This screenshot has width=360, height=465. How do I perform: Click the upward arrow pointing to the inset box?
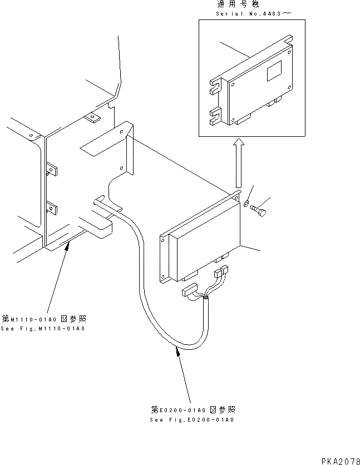coord(238,165)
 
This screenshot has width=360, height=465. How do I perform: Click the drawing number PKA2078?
coord(340,461)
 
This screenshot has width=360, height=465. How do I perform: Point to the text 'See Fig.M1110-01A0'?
coord(43,329)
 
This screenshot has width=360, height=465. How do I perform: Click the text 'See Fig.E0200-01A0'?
coord(192,420)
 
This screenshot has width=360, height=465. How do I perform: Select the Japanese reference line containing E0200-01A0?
coord(192,410)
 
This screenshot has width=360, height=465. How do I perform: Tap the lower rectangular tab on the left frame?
coord(52,209)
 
